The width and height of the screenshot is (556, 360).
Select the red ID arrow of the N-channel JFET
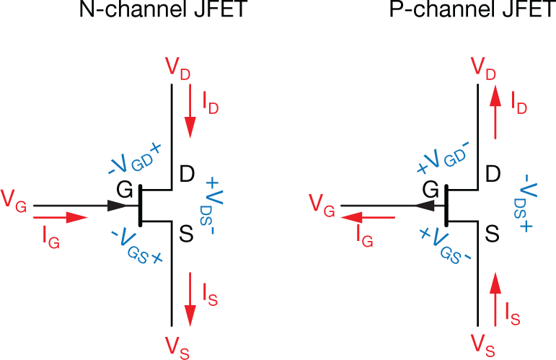pyautogui.click(x=190, y=112)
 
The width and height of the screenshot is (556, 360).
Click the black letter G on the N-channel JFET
pyautogui.click(x=125, y=190)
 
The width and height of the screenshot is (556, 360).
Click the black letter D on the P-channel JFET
pyautogui.click(x=493, y=174)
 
